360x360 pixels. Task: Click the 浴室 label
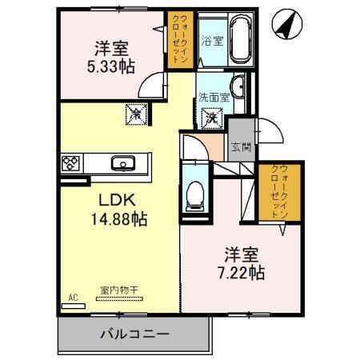click(212, 40)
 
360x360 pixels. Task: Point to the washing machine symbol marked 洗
click(213, 118)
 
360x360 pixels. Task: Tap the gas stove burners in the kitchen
click(70, 163)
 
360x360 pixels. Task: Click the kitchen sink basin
click(123, 163)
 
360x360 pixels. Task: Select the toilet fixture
click(195, 192)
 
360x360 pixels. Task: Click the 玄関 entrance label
click(240, 146)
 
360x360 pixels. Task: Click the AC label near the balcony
click(73, 298)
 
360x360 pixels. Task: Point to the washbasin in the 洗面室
click(238, 86)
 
